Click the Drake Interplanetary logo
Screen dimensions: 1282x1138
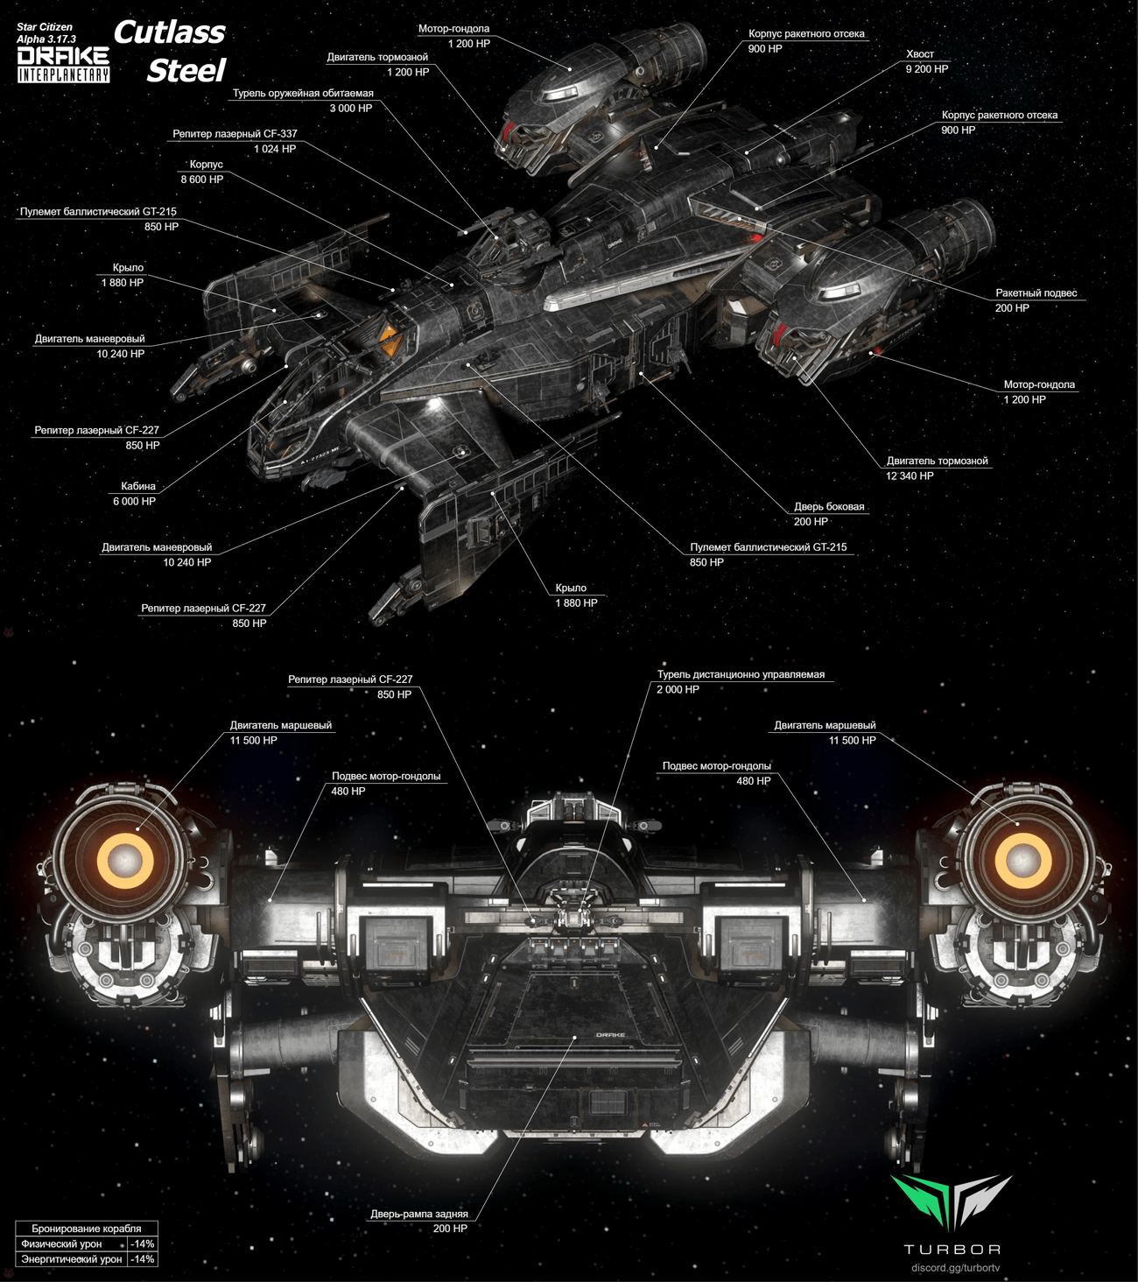coord(63,65)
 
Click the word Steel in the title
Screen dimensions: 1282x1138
coord(186,70)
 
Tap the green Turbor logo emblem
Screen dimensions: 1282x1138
coord(951,1201)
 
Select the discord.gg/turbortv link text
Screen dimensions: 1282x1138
coord(955,1267)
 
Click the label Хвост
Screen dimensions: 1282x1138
coord(920,54)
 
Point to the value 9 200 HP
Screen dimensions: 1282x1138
coord(926,69)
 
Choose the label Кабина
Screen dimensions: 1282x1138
coord(138,486)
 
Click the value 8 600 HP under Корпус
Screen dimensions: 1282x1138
coord(202,180)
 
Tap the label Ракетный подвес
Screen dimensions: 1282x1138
coord(1036,293)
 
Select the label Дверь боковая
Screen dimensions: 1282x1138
coord(828,506)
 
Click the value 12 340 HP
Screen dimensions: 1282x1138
coord(910,475)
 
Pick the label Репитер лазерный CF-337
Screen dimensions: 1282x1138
coord(235,134)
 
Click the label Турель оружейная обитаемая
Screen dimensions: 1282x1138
coord(303,94)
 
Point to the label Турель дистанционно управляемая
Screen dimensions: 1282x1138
coord(741,674)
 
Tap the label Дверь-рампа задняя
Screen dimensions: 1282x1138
coord(418,1214)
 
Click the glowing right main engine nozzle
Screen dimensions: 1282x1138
coord(1021,859)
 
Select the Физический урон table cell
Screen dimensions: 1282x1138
coord(61,1243)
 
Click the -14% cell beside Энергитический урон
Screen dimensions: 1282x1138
coord(142,1259)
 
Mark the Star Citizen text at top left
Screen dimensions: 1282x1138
coord(45,27)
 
